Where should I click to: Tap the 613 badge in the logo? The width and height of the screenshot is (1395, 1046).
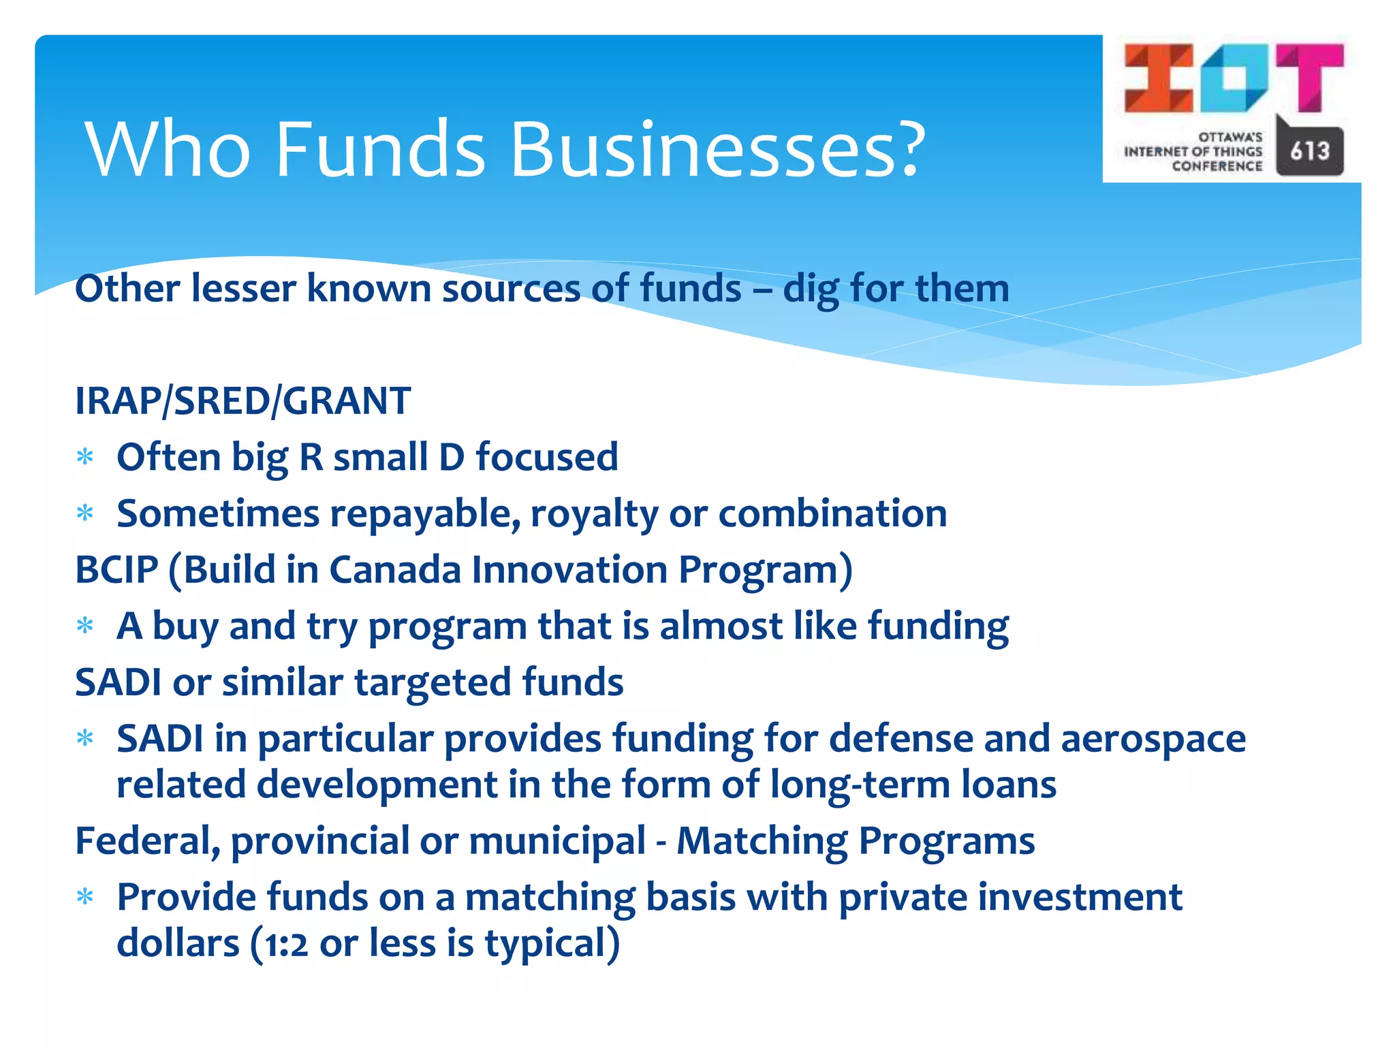click(1309, 150)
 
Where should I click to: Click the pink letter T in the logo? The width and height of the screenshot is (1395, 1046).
click(1309, 76)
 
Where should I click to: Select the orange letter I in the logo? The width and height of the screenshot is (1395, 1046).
click(1159, 78)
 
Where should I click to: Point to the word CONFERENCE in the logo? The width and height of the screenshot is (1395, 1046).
click(1217, 166)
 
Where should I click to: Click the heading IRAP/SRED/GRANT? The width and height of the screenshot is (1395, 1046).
click(242, 400)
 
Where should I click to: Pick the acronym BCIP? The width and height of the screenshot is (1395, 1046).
click(116, 569)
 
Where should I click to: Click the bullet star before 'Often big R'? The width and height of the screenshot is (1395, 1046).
click(85, 457)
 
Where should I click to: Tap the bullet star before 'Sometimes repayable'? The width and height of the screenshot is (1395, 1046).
click(85, 513)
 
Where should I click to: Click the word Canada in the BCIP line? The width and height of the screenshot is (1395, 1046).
click(395, 569)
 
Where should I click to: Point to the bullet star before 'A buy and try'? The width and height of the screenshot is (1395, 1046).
click(85, 625)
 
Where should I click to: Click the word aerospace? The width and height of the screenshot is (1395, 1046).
click(1153, 739)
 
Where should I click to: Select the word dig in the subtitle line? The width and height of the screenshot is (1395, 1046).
click(811, 289)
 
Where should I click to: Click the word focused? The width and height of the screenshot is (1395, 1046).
click(547, 457)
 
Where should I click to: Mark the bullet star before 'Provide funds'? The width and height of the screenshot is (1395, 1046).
click(85, 897)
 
